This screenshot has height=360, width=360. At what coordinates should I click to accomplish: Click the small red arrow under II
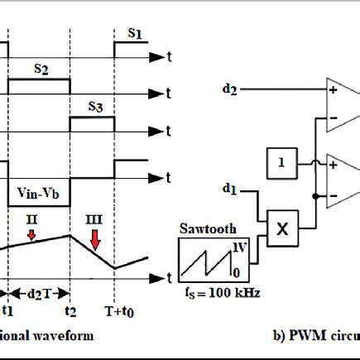tap(31, 236)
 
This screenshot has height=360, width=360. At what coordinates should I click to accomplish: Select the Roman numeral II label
tap(31, 221)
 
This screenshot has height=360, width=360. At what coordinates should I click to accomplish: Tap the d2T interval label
tap(39, 291)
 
